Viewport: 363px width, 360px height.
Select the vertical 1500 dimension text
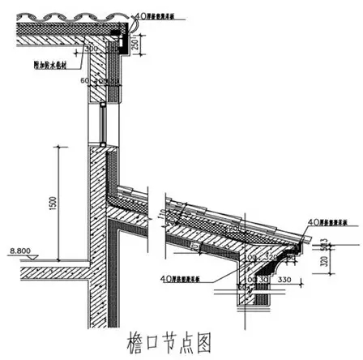(x=53, y=207)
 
